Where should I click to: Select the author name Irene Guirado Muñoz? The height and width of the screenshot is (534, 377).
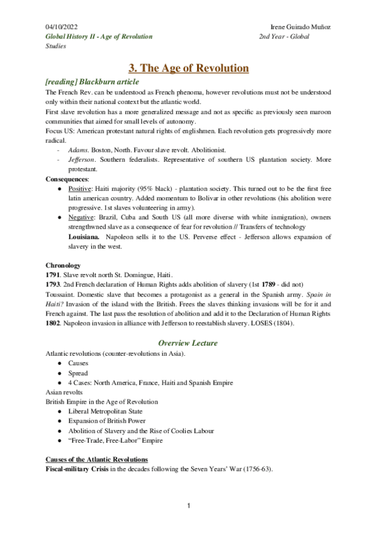click(x=300, y=28)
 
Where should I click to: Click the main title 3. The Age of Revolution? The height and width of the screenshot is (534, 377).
click(x=188, y=68)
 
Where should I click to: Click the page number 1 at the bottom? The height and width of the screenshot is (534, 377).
click(x=188, y=506)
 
